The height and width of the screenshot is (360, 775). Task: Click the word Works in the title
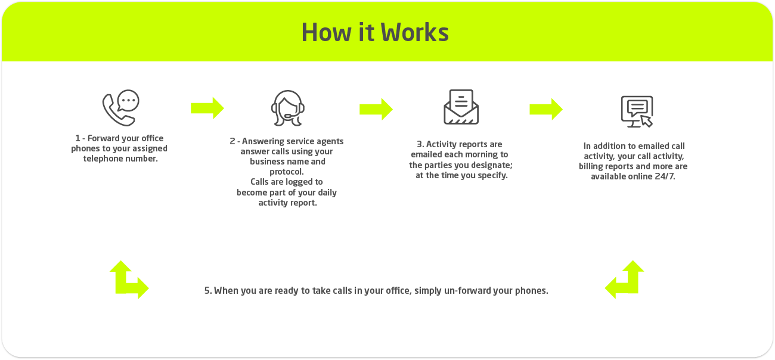point(414,32)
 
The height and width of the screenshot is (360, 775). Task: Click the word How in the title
point(326,32)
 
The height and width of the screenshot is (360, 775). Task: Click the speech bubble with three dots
point(128,101)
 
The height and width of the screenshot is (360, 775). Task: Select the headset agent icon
point(288,108)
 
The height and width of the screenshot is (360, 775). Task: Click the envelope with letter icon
point(461,107)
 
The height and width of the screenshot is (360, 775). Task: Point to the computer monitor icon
point(637,111)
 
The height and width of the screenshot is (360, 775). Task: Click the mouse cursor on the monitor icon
point(647,122)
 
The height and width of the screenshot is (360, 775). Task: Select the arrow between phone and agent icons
point(207,108)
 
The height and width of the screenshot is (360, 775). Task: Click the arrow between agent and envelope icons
point(376,109)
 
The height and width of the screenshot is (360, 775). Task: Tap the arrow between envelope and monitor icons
point(546,109)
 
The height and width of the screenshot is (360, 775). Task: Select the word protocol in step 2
point(286,172)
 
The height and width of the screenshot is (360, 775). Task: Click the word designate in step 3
point(492,165)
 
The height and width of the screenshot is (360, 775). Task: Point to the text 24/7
point(664,176)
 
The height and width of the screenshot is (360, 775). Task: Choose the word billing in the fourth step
point(591,166)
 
